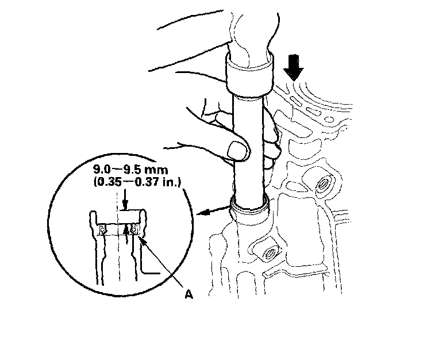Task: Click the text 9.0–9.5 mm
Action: pyautogui.click(x=128, y=171)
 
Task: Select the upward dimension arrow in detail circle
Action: pyautogui.click(x=124, y=232)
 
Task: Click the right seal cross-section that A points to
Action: pyautogui.click(x=134, y=229)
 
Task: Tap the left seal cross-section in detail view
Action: pyautogui.click(x=103, y=231)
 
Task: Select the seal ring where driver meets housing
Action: pyautogui.click(x=249, y=206)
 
